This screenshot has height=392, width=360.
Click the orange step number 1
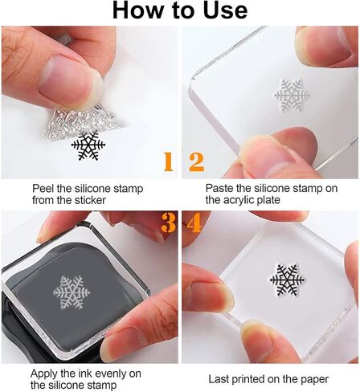[x=168, y=162]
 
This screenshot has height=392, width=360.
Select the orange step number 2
[x=195, y=162]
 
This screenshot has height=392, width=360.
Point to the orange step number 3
[x=168, y=223]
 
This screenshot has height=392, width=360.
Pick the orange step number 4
[x=192, y=223]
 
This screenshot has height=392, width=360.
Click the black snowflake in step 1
[x=88, y=145]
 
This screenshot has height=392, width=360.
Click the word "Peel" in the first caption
[x=44, y=188]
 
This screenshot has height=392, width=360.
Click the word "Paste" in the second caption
[x=221, y=188]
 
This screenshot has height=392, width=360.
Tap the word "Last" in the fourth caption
[x=220, y=378]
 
